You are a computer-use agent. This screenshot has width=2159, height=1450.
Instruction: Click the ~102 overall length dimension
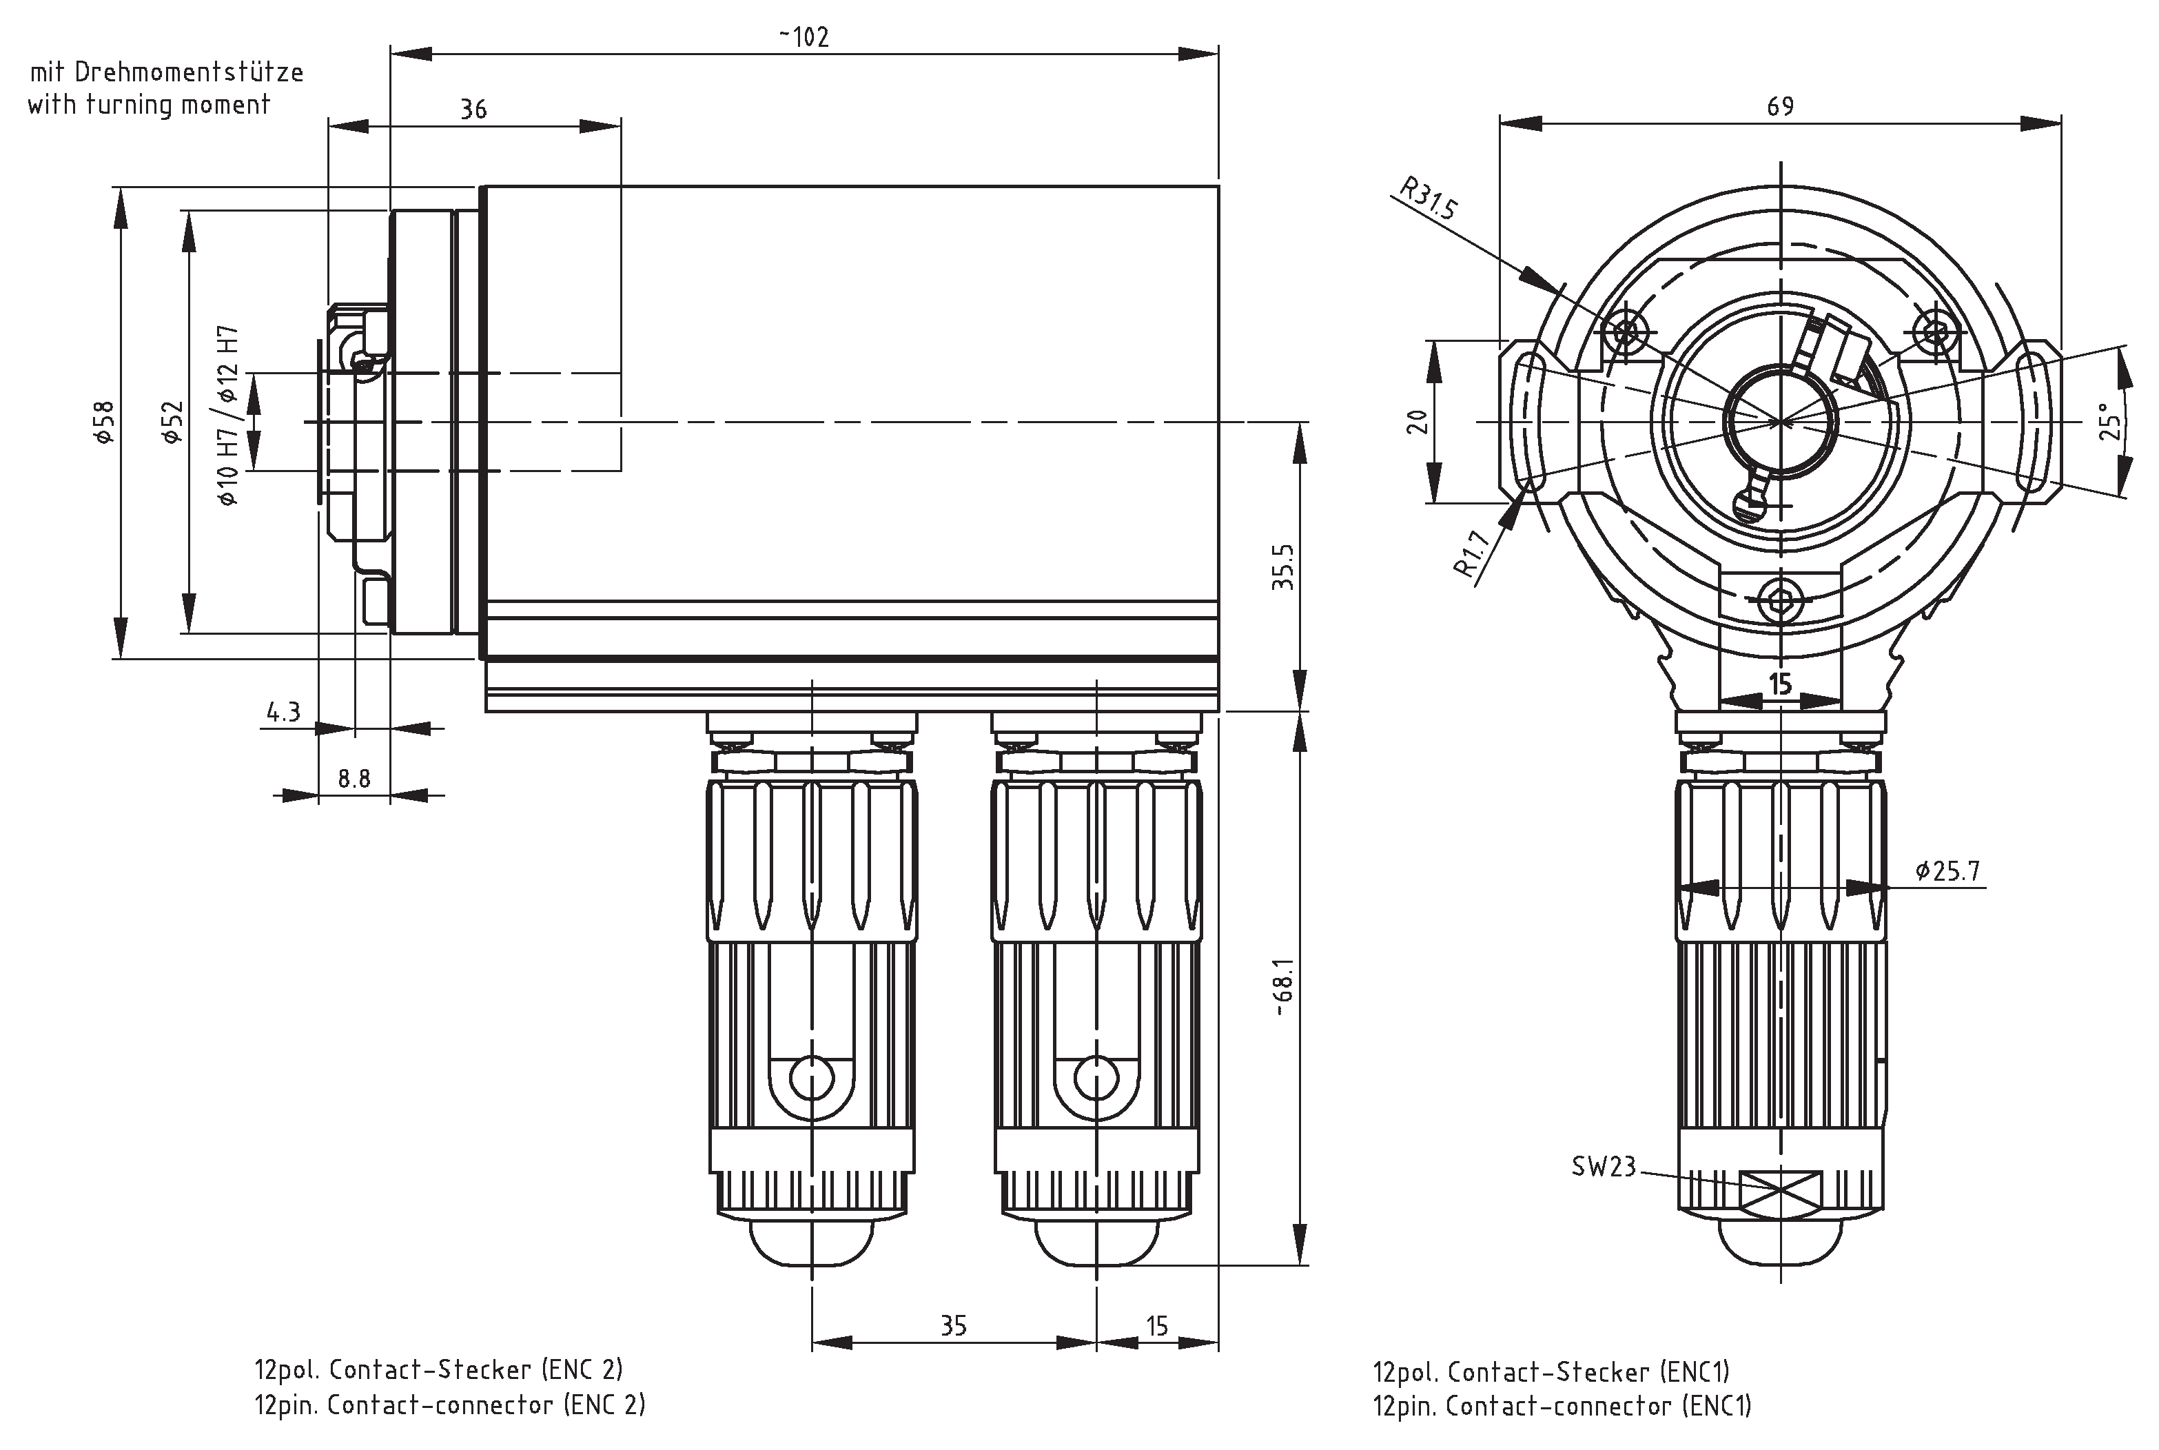coord(803,37)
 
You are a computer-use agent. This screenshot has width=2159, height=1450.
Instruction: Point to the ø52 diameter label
coord(173,422)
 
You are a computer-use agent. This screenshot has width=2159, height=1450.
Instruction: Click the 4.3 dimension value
coord(283,712)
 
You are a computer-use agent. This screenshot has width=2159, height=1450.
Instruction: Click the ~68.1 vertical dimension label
coord(1282,988)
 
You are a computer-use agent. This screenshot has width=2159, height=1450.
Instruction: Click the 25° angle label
coord(2110,421)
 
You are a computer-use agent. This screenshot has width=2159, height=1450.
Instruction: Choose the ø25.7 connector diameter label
coord(1947,871)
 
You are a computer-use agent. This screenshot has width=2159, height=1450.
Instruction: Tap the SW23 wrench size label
coord(1604,1167)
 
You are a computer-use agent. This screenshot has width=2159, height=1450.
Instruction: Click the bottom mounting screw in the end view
coord(1780,601)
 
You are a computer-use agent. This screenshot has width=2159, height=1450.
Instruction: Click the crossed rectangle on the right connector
coord(1780,1193)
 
